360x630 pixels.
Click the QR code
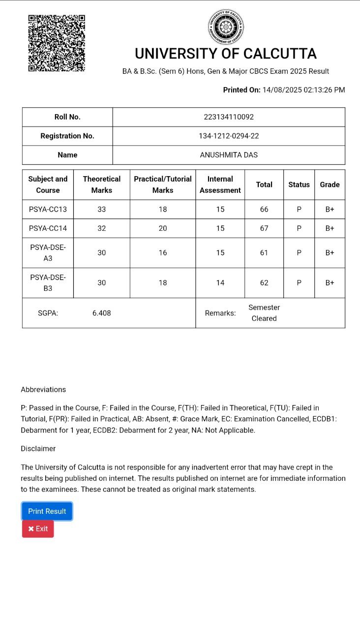[57, 43]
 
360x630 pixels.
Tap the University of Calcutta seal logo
[226, 27]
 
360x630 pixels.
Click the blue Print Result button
[47, 511]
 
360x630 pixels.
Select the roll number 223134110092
[229, 117]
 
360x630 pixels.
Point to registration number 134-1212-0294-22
[229, 136]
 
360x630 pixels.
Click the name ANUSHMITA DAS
[229, 155]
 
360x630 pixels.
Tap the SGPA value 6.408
[101, 313]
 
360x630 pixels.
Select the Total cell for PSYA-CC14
[264, 228]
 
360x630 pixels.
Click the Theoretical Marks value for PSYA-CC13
[101, 209]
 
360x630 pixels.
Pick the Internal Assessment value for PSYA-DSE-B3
[220, 283]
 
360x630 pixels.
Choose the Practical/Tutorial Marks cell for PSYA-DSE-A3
[163, 253]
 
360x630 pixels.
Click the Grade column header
[330, 185]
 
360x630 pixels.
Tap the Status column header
[299, 185]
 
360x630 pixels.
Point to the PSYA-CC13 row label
[48, 209]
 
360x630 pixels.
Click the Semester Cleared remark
[264, 313]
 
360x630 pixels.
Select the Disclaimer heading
[38, 449]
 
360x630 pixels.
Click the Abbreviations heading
[43, 390]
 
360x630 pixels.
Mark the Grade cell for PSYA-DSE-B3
[330, 283]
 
